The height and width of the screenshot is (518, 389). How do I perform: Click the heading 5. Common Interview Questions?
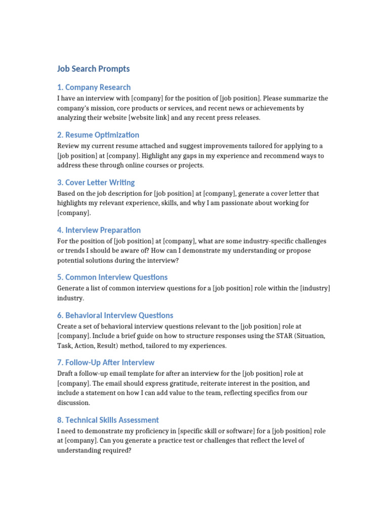pos(112,277)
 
